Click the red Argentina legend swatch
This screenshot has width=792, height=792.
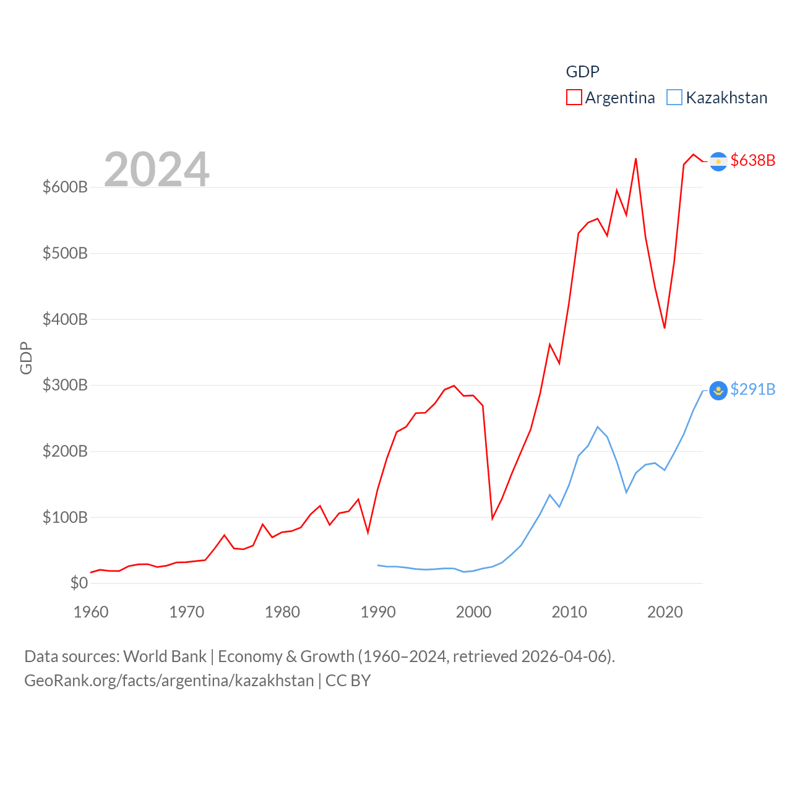(x=574, y=98)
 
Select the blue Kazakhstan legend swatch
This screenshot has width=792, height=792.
(x=674, y=98)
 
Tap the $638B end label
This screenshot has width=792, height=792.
(x=752, y=160)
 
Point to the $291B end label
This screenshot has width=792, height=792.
(x=752, y=389)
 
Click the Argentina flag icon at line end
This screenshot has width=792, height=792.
(x=718, y=161)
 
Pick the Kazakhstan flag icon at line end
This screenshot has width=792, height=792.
(x=718, y=390)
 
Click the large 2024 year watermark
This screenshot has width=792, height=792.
(x=157, y=169)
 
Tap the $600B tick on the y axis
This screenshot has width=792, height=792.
(x=65, y=187)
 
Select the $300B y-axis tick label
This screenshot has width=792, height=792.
(x=65, y=385)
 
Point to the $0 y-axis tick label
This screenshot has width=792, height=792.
(x=79, y=583)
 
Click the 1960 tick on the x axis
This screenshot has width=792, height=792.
(x=91, y=612)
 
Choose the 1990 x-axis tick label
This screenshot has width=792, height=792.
(x=378, y=612)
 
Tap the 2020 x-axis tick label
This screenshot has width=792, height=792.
(x=665, y=612)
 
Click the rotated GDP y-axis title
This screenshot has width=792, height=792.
(x=26, y=358)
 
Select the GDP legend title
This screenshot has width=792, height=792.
(x=582, y=72)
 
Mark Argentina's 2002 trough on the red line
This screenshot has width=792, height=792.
(x=493, y=518)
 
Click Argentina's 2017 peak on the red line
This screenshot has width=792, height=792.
(x=636, y=159)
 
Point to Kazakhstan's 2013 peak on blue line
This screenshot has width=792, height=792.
(x=598, y=427)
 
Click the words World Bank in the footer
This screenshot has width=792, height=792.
(x=165, y=656)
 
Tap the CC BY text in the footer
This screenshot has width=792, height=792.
(x=348, y=681)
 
